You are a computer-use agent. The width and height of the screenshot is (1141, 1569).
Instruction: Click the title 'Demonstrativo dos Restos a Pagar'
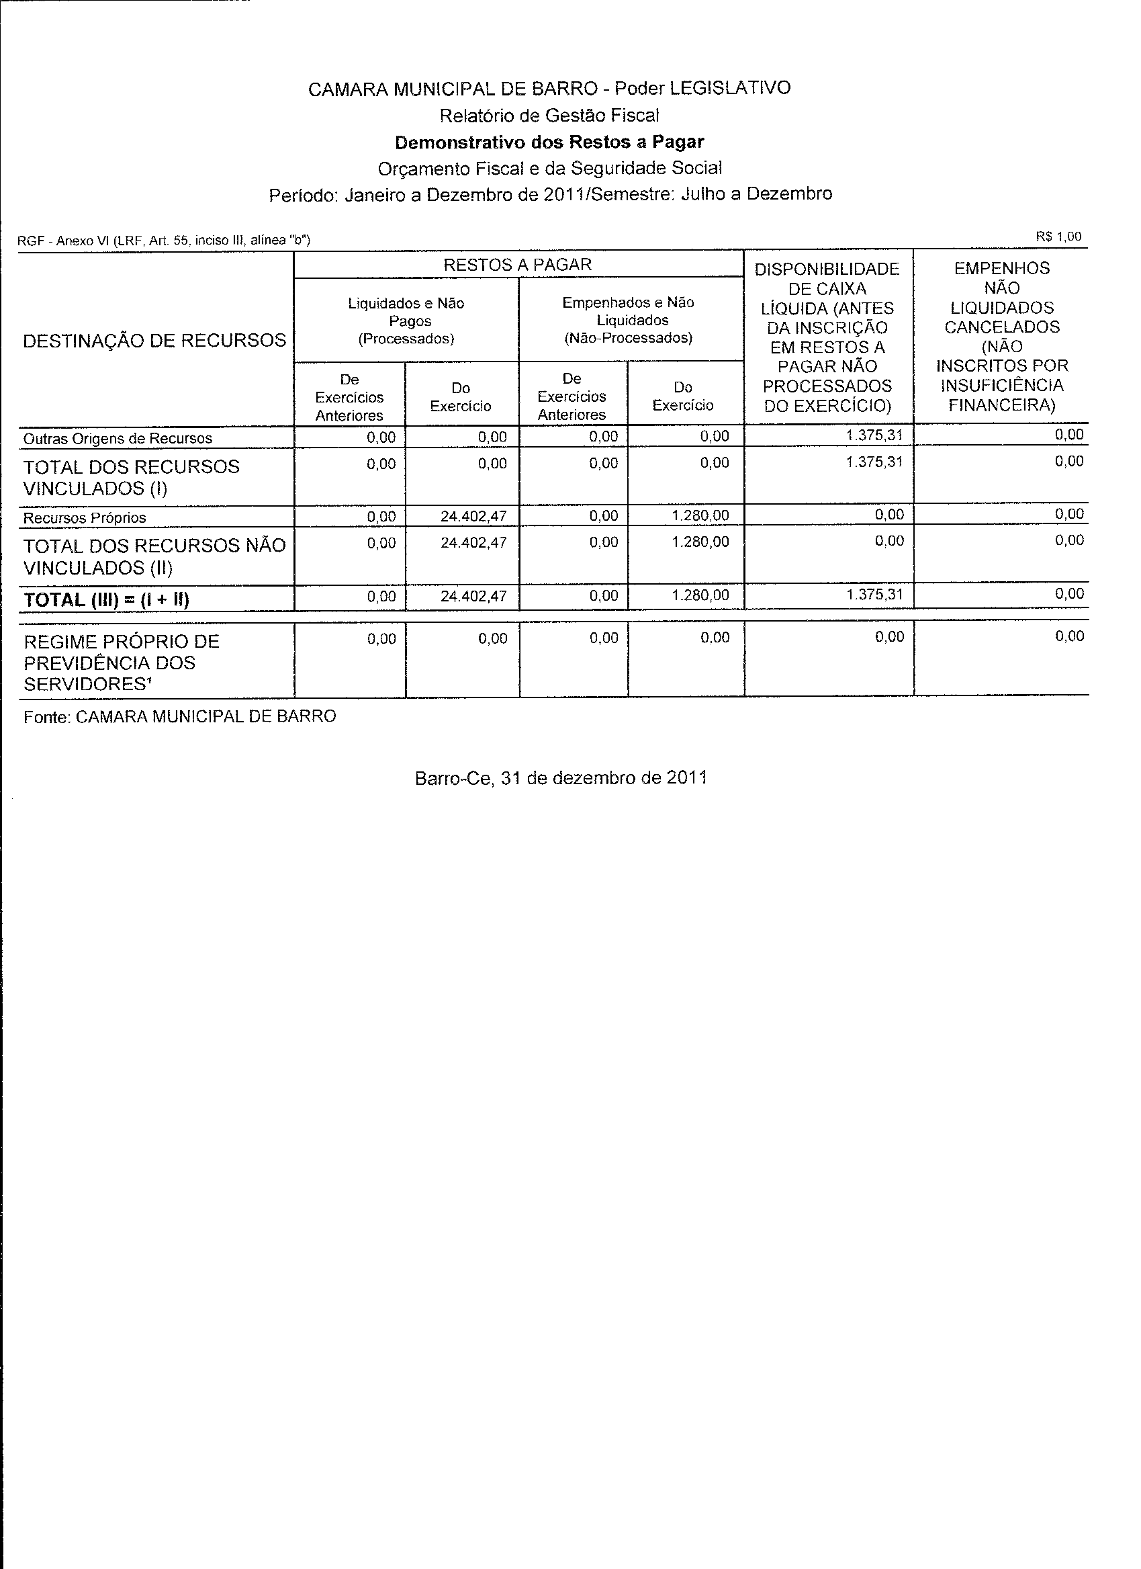pyautogui.click(x=549, y=142)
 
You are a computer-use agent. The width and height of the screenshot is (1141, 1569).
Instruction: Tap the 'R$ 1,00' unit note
pyautogui.click(x=1058, y=236)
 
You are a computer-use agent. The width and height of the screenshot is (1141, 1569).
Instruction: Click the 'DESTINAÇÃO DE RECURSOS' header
pyautogui.click(x=155, y=341)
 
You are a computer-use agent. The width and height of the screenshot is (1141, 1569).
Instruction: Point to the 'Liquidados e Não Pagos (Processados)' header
pyautogui.click(x=406, y=321)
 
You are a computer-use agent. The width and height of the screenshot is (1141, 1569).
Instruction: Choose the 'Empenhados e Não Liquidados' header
pyautogui.click(x=628, y=321)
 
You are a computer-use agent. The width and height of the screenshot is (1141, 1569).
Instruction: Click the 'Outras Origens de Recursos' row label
pyautogui.click(x=118, y=439)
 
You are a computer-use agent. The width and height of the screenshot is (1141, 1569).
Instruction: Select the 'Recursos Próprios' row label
pyautogui.click(x=85, y=518)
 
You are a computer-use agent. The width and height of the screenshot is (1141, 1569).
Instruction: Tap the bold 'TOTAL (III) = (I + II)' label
pyautogui.click(x=107, y=600)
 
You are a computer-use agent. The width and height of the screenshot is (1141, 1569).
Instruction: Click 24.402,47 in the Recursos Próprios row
pyautogui.click(x=473, y=516)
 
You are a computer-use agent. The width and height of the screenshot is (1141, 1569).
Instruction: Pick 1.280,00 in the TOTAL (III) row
pyautogui.click(x=700, y=595)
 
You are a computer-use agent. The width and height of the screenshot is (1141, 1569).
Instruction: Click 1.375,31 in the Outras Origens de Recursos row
pyautogui.click(x=874, y=436)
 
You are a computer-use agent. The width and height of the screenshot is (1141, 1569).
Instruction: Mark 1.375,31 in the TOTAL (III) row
pyautogui.click(x=874, y=594)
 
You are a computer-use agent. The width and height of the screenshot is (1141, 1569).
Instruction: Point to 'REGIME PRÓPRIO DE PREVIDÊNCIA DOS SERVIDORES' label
pyautogui.click(x=122, y=663)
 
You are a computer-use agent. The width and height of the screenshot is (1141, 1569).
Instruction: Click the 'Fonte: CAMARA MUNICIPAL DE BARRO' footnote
pyautogui.click(x=180, y=717)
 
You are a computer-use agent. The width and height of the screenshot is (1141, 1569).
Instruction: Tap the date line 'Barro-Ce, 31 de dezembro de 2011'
pyautogui.click(x=561, y=778)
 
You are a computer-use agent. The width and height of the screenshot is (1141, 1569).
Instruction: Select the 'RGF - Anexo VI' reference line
pyautogui.click(x=164, y=241)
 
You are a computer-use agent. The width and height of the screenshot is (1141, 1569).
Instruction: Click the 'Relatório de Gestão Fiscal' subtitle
pyautogui.click(x=549, y=116)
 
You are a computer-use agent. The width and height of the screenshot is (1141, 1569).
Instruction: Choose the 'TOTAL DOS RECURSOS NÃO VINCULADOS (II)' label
pyautogui.click(x=154, y=557)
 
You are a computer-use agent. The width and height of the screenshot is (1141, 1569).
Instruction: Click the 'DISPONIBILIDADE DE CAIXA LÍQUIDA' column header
pyautogui.click(x=827, y=337)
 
